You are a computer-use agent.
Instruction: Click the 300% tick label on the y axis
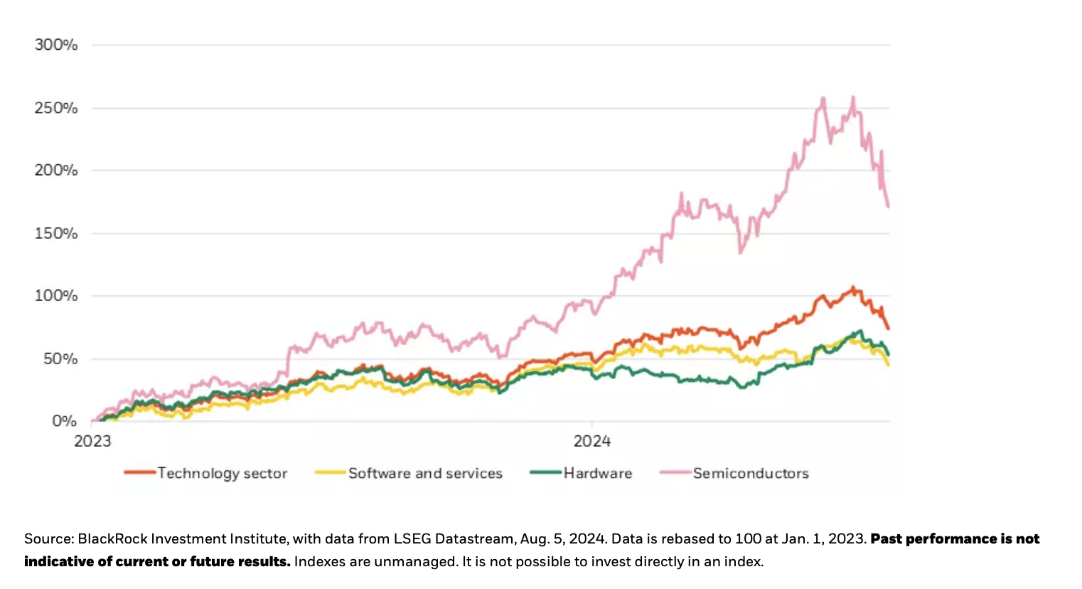coord(56,45)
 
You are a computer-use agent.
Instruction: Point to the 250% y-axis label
coord(56,108)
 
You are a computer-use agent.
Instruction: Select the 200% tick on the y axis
coord(56,171)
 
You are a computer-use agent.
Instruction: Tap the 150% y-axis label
coord(56,233)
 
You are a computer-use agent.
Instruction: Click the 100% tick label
coord(56,296)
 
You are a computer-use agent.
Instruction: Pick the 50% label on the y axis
coord(60,359)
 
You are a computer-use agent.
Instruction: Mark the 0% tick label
coord(64,421)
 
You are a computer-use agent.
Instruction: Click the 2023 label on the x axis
coord(93,441)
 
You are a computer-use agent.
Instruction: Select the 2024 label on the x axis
coord(592,441)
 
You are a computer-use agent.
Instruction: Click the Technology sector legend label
coord(222,473)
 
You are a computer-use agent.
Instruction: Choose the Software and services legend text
coord(425,473)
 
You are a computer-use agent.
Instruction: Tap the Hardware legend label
coord(597,473)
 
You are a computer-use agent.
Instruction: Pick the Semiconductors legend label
coord(751,473)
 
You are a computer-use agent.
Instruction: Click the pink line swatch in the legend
coord(675,472)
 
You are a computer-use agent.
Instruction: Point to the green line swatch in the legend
coord(546,472)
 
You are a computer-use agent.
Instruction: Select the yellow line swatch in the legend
coord(331,472)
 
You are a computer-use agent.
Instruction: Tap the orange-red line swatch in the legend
coord(139,472)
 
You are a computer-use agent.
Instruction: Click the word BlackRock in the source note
coord(109,538)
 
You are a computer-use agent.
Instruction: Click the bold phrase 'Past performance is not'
coord(955,538)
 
